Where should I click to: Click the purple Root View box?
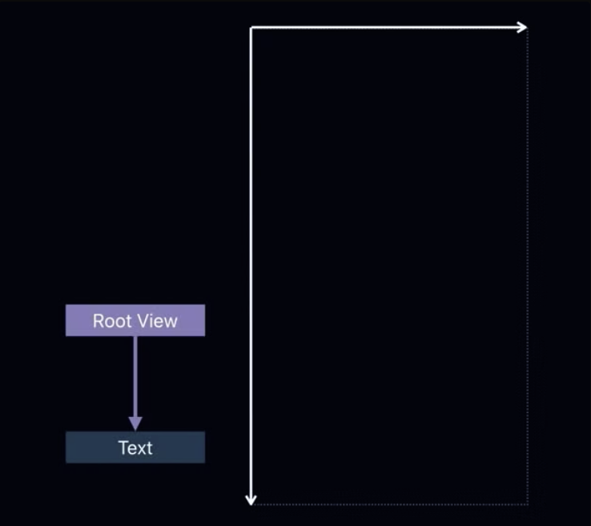135,320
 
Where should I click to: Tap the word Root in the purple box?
111,322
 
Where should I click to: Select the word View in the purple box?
157,322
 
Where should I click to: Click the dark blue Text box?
135,447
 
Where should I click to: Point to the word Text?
135,447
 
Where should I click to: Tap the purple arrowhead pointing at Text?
135,423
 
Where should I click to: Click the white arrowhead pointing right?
521,27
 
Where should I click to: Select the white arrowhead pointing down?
251,500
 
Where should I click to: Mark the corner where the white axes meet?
251,28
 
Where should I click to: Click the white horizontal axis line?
384,28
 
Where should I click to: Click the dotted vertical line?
528,265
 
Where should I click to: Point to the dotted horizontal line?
392,504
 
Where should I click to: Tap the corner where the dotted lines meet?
528,504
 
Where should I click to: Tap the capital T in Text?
123,447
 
